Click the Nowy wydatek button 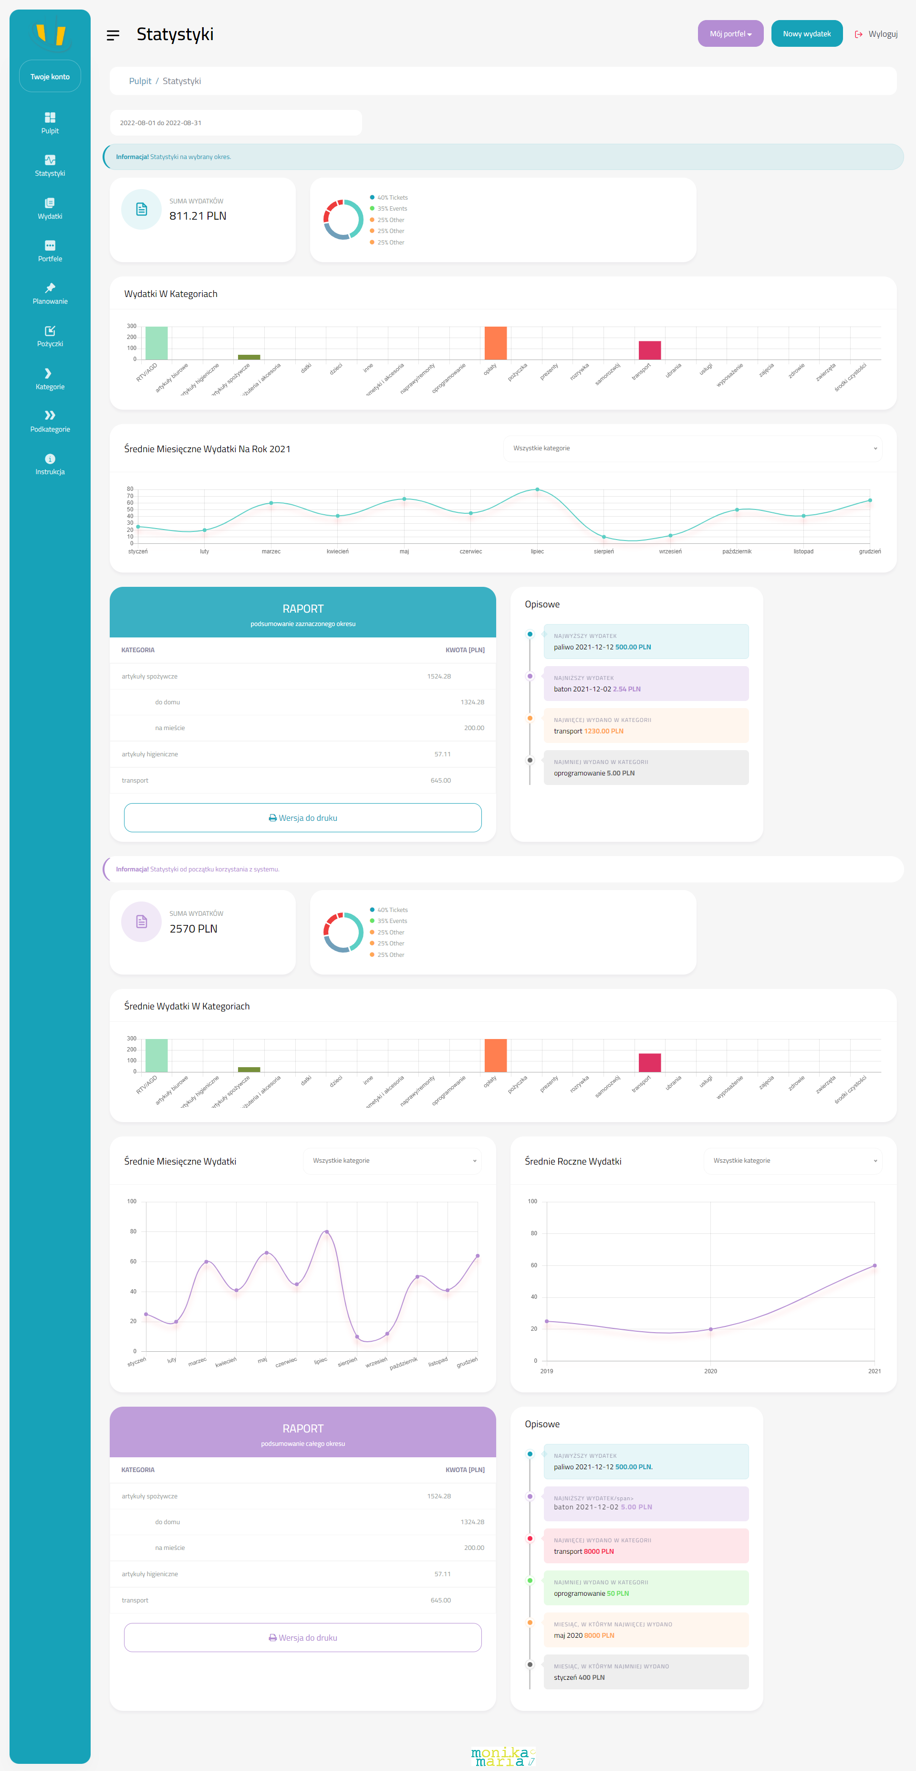pyautogui.click(x=806, y=34)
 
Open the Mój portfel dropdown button pyautogui.click(x=730, y=34)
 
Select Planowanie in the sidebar pyautogui.click(x=50, y=294)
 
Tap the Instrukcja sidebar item pyautogui.click(x=50, y=464)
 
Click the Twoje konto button pyautogui.click(x=50, y=76)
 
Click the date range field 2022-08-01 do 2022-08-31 pyautogui.click(x=235, y=123)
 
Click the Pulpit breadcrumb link pyautogui.click(x=140, y=81)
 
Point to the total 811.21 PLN pyautogui.click(x=198, y=216)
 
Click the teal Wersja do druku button pyautogui.click(x=302, y=817)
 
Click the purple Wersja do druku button pyautogui.click(x=302, y=1638)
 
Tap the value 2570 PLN pyautogui.click(x=193, y=929)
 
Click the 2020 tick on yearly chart pyautogui.click(x=710, y=1371)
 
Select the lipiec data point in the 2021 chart pyautogui.click(x=537, y=489)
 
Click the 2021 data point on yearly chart pyautogui.click(x=874, y=1265)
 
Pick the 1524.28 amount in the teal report pyautogui.click(x=439, y=677)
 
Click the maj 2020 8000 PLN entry pyautogui.click(x=584, y=1635)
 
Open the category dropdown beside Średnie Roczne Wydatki pyautogui.click(x=792, y=1160)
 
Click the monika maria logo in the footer pyautogui.click(x=503, y=1757)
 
